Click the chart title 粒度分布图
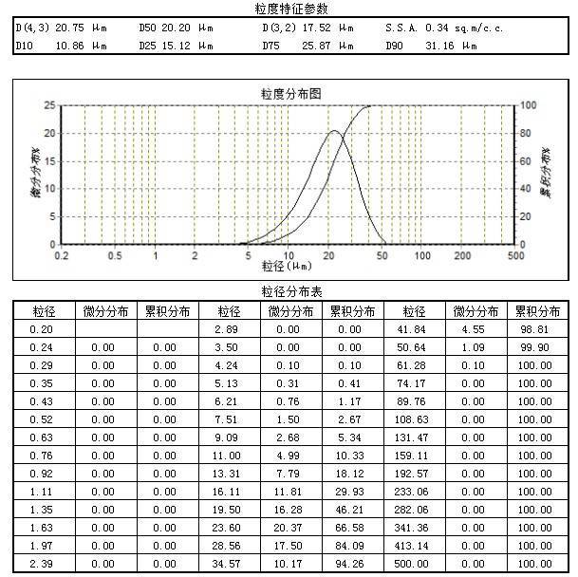[x=291, y=93]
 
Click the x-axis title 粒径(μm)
[x=288, y=266]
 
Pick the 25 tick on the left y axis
[x=50, y=105]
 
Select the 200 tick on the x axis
[x=462, y=255]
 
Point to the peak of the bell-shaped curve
[x=334, y=131]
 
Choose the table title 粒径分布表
[x=291, y=291]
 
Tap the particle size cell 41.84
[x=414, y=329]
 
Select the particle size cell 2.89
[x=228, y=329]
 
